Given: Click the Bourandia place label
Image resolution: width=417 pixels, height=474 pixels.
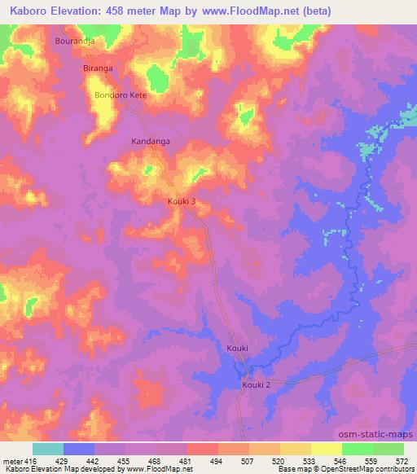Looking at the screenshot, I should coord(75,40).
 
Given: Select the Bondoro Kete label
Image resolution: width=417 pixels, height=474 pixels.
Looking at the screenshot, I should coord(121,95).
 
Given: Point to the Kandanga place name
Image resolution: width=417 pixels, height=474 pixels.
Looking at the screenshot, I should coord(151,141).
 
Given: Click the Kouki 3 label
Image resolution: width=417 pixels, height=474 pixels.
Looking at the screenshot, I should coord(182,201).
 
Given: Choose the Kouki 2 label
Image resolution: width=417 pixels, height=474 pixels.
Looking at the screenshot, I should coord(256,384).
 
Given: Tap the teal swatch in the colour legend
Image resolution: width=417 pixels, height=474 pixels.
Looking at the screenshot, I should coord(48,449).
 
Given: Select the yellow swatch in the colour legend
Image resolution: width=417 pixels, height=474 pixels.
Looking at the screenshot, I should coord(327,449).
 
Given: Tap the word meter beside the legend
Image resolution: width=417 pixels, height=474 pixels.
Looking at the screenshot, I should coord(11,460).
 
